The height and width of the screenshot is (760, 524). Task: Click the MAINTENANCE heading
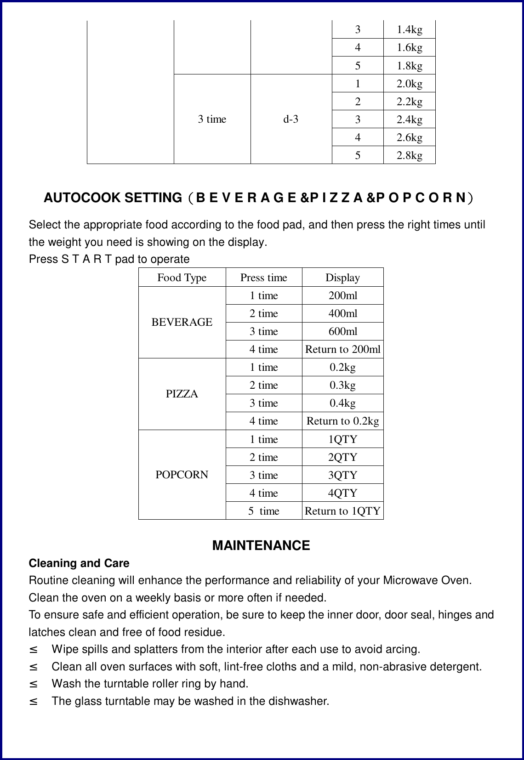tap(261, 545)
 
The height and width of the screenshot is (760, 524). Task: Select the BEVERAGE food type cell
tap(182, 322)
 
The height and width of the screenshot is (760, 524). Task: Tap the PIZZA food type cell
tap(182, 394)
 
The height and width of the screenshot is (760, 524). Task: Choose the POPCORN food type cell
tap(182, 475)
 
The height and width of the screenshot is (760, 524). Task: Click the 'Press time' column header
tap(263, 278)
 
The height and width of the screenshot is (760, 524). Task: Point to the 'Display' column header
tap(342, 278)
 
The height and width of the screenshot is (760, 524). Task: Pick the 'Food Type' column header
tap(182, 278)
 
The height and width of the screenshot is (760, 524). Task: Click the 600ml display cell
tap(342, 331)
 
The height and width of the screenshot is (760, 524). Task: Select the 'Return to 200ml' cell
tap(342, 349)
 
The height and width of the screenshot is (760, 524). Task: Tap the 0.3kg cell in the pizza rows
tap(342, 385)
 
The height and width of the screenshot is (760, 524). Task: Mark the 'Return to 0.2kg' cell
tap(342, 421)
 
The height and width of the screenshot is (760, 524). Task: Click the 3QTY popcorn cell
tap(342, 475)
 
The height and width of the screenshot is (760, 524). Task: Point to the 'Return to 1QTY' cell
tap(342, 511)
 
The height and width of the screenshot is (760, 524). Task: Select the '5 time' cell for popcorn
tap(264, 511)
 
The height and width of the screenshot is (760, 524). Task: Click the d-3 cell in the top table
tap(290, 119)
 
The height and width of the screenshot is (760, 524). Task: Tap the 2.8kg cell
tap(410, 155)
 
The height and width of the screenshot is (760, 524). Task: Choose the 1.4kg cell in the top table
tap(410, 30)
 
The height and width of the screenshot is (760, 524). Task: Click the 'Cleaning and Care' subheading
tap(79, 563)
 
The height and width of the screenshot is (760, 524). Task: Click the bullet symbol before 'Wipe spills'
tap(33, 650)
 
